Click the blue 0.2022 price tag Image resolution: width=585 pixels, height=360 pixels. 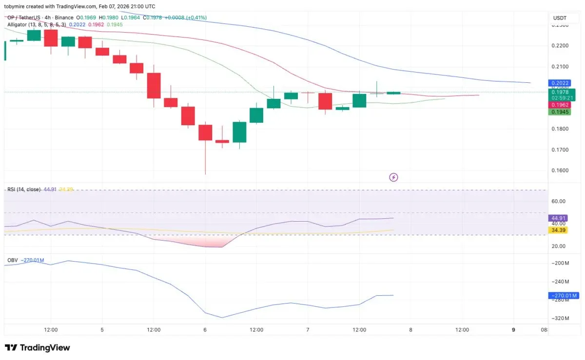[x=559, y=83]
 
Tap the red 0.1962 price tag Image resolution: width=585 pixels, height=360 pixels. [x=559, y=105]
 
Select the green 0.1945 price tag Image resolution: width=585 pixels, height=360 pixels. [x=559, y=112]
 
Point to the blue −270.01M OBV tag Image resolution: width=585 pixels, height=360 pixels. [x=564, y=295]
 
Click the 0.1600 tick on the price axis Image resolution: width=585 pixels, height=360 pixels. [x=559, y=171]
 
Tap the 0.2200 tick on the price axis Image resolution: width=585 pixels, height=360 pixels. [x=559, y=46]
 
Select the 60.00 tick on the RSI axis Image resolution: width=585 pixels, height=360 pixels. [x=559, y=201]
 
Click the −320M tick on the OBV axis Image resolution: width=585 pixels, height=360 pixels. [x=560, y=319]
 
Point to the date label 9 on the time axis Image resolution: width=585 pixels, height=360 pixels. [x=513, y=330]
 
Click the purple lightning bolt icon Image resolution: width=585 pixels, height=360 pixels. [x=394, y=177]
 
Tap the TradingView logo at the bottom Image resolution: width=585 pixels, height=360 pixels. [x=38, y=348]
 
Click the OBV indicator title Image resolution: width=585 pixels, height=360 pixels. [x=13, y=260]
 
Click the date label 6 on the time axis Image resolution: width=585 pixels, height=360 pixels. [x=205, y=330]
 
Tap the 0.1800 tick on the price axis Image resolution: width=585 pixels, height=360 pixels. [x=559, y=129]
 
